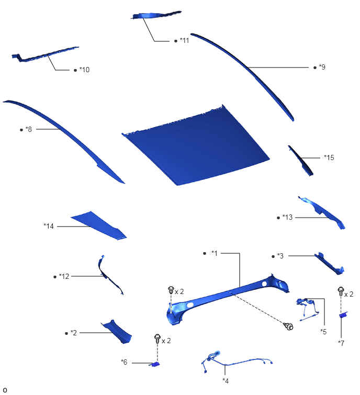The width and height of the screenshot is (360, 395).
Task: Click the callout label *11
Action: (184, 40)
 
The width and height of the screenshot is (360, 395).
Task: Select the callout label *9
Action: (322, 67)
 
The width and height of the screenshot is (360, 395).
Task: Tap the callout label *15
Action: (329, 157)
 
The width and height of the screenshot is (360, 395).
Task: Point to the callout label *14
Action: (49, 226)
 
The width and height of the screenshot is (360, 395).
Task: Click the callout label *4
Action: (226, 381)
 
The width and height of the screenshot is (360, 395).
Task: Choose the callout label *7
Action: (341, 343)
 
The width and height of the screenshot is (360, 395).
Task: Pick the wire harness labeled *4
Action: (237, 362)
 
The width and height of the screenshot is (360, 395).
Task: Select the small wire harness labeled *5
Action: (308, 309)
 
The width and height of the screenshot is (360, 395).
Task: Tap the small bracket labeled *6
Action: (155, 364)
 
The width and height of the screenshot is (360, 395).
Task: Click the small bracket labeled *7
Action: (343, 315)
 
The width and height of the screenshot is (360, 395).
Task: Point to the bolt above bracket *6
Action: (157, 338)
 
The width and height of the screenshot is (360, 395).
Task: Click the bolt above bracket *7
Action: (341, 291)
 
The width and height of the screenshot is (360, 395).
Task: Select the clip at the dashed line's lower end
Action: (288, 326)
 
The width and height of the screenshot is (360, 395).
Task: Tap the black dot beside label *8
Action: (21, 130)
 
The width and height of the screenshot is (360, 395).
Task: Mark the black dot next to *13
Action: (278, 218)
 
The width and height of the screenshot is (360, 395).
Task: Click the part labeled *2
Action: (117, 331)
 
